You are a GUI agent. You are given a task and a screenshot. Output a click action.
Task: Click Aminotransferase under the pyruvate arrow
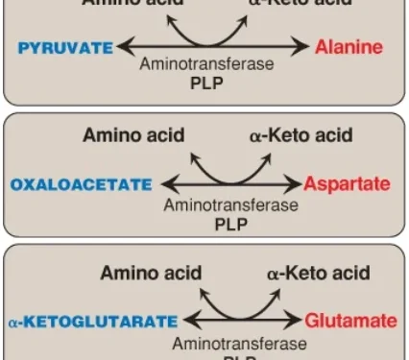pyautogui.click(x=206, y=65)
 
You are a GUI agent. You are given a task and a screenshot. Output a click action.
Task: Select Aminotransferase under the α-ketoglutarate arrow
pyautogui.click(x=240, y=342)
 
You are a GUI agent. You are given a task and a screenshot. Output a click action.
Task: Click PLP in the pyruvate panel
pyautogui.click(x=206, y=84)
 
